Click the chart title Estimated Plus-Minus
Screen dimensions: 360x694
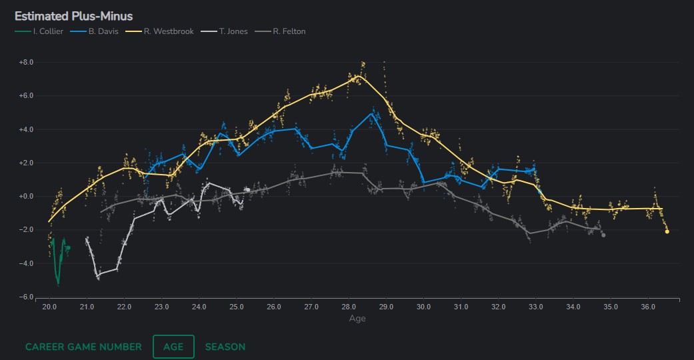click(x=73, y=16)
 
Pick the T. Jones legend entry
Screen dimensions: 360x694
click(x=233, y=31)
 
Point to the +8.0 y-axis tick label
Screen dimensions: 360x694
click(x=26, y=62)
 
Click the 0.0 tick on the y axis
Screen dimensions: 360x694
click(x=26, y=197)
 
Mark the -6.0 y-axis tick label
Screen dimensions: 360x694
click(x=26, y=297)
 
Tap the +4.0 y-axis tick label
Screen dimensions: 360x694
click(x=26, y=129)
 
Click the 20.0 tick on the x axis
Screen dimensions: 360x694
click(x=49, y=307)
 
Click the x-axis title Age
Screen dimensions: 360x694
click(x=357, y=319)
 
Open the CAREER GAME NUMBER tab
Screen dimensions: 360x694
click(x=83, y=347)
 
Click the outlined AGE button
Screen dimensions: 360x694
click(x=173, y=347)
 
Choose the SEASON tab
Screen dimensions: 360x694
click(x=225, y=347)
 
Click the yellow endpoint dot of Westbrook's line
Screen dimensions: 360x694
click(x=667, y=231)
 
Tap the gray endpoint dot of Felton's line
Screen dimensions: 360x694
click(x=603, y=235)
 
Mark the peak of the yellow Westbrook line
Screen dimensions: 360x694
click(x=359, y=75)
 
